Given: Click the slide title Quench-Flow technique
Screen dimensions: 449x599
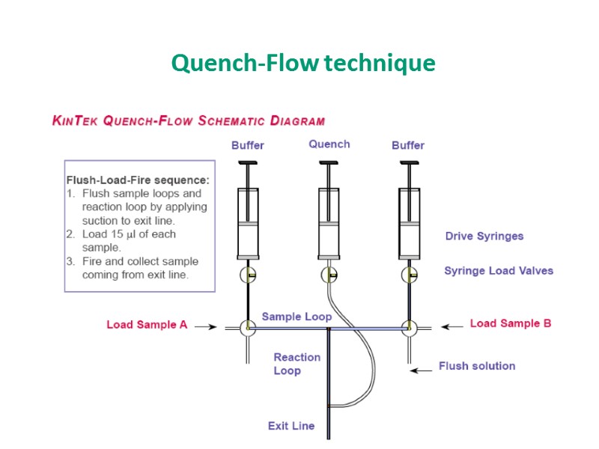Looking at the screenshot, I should tap(302, 63).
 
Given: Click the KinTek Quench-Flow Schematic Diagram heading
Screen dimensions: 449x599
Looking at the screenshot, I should tap(188, 120).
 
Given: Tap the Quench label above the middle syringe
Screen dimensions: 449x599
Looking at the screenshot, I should tap(329, 144).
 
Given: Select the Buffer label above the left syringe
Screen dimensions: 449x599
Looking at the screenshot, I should tap(247, 145).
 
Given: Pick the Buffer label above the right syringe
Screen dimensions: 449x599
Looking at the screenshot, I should tap(408, 145).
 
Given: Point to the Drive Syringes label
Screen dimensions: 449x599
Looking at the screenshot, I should tap(484, 236).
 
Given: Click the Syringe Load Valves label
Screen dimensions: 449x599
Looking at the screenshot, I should tap(499, 270).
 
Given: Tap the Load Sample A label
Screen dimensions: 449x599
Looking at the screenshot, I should tap(147, 325).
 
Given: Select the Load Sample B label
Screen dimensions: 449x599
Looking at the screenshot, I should tap(511, 323).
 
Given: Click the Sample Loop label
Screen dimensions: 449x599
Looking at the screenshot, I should tap(297, 317).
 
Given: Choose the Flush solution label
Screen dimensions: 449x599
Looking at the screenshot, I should tap(477, 366).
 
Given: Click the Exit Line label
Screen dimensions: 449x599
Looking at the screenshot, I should tap(291, 426).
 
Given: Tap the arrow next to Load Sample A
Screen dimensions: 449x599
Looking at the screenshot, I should tap(206, 326).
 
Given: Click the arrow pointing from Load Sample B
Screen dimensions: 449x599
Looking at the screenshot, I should tap(451, 326).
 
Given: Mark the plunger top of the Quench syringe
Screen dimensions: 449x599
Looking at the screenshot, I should tap(329, 163).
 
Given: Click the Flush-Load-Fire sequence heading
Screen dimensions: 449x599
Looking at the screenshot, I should tap(138, 180).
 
